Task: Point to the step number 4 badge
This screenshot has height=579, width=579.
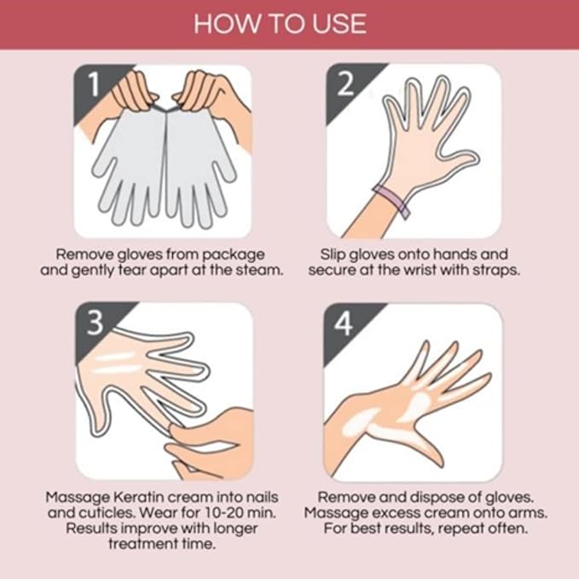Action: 344,321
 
